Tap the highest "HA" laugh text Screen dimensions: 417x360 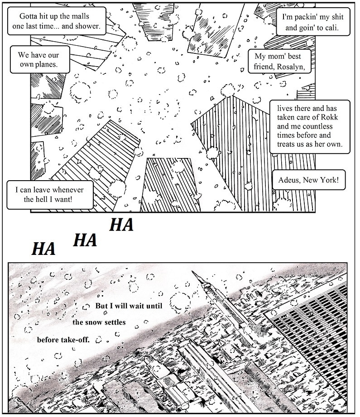(x=121, y=224)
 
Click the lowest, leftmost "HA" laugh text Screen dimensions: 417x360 (x=43, y=248)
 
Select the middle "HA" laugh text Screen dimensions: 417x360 (x=85, y=240)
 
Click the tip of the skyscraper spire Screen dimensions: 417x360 (x=193, y=272)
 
